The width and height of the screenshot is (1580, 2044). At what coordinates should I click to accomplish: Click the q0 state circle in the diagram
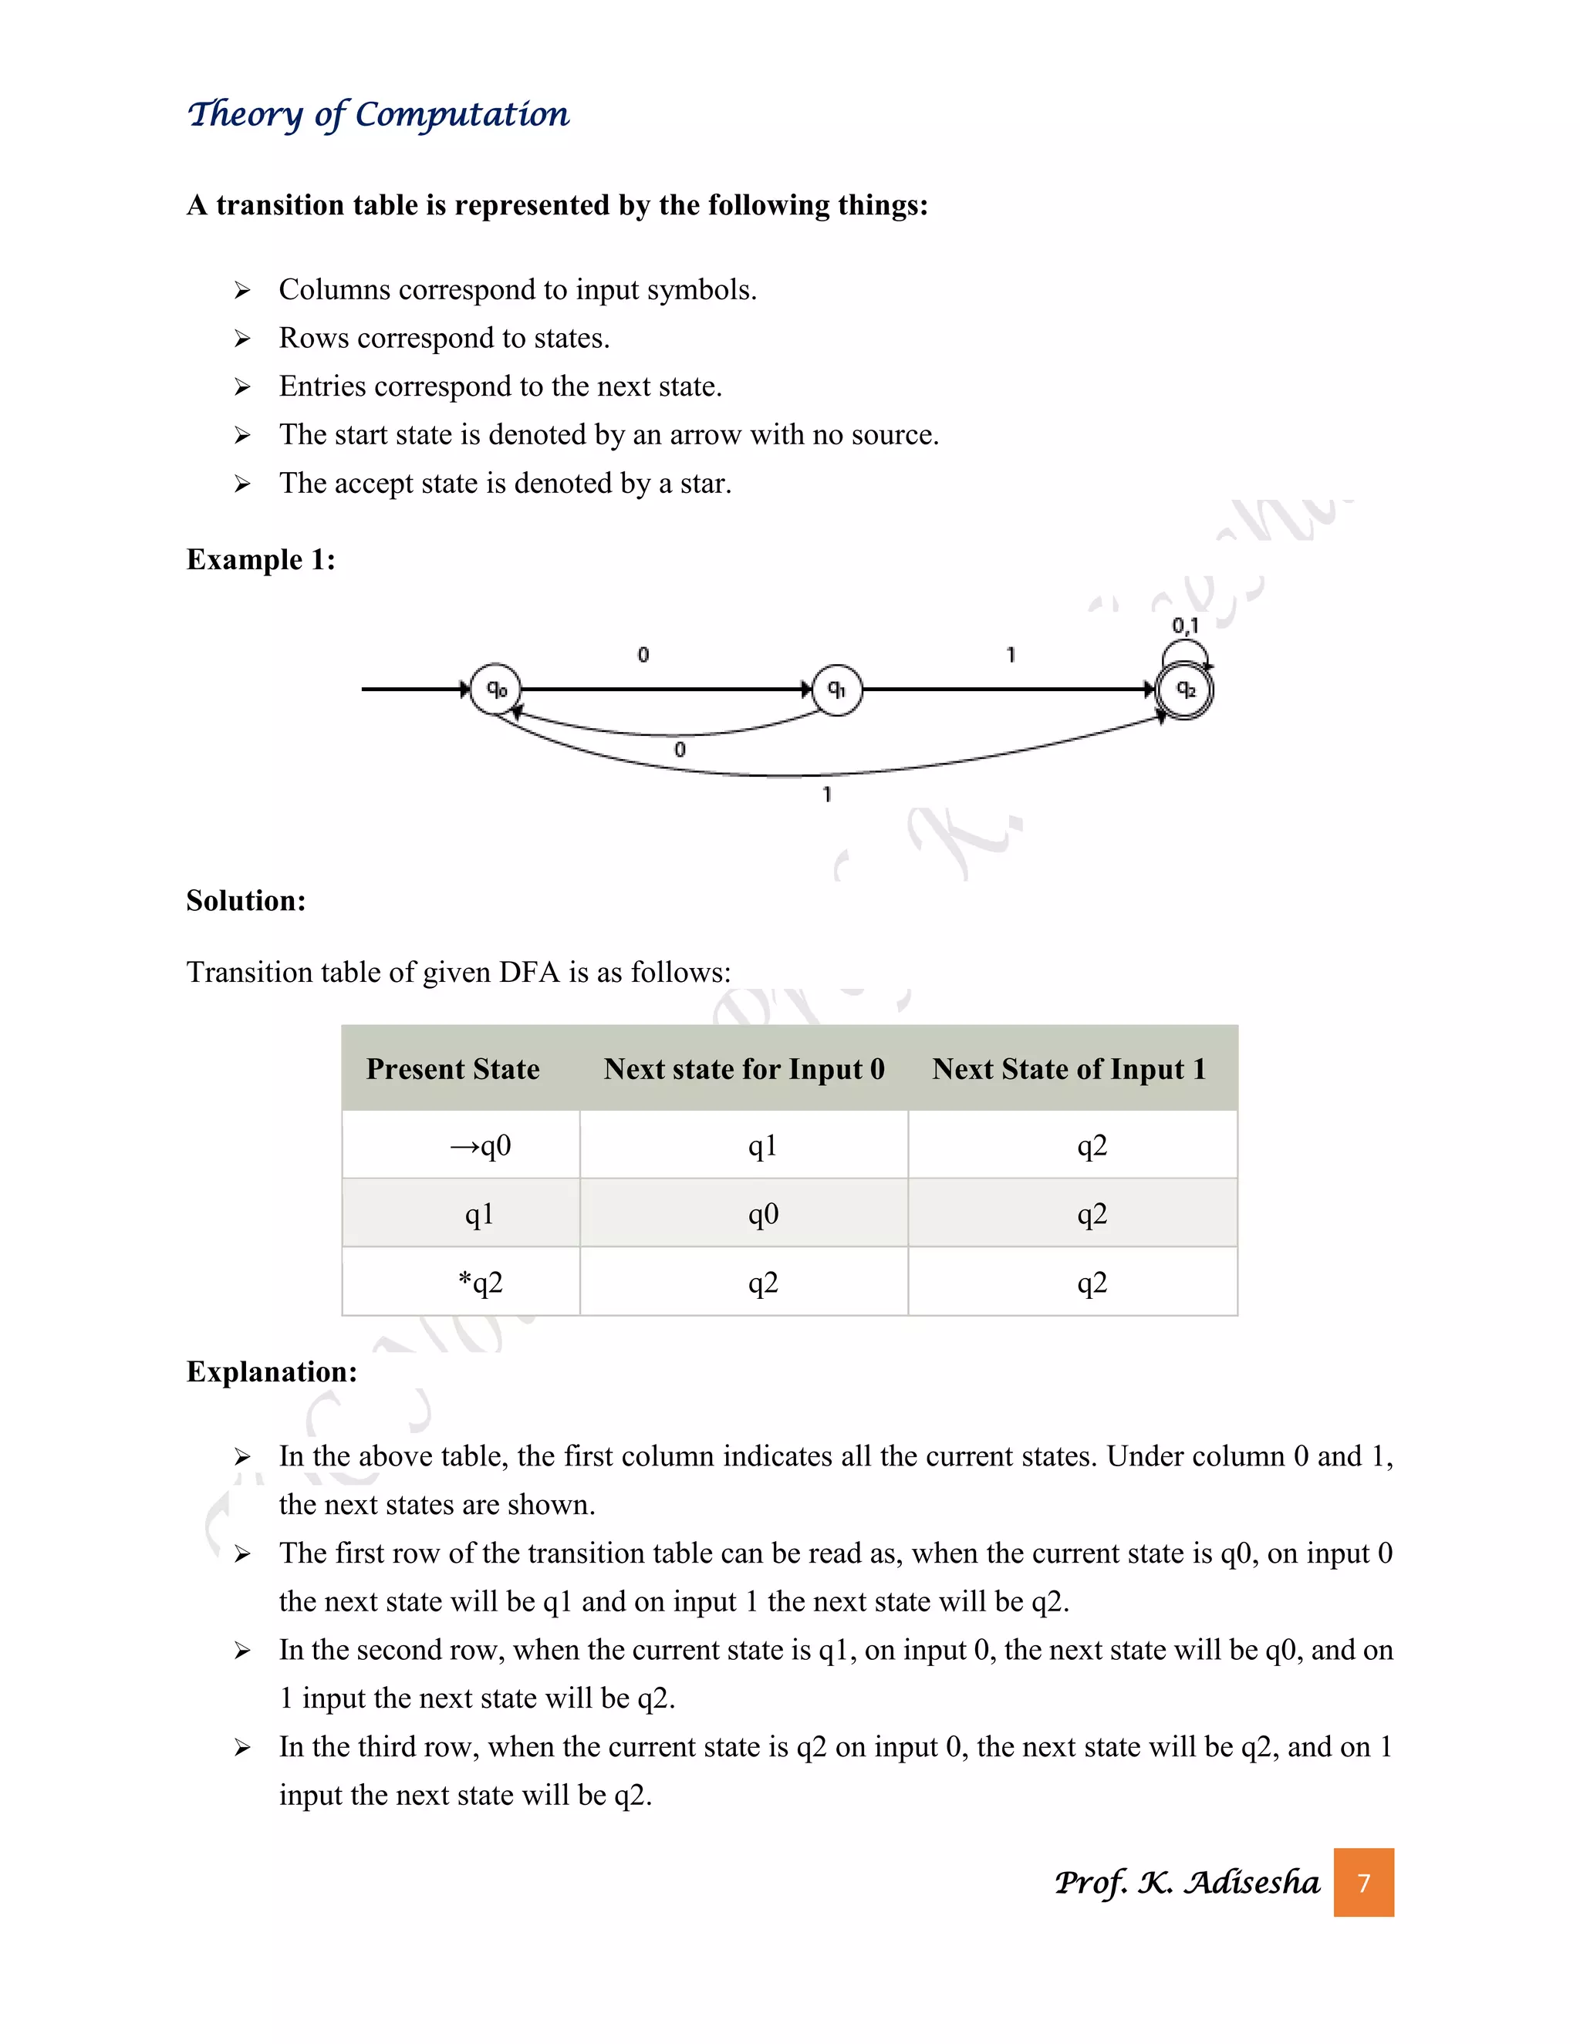pyautogui.click(x=495, y=690)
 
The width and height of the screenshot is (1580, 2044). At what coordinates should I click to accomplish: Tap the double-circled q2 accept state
pyautogui.click(x=1184, y=690)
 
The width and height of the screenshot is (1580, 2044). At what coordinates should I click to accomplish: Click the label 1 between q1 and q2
pyautogui.click(x=1010, y=655)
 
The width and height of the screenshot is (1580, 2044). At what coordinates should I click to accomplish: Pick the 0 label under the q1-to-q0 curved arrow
pyautogui.click(x=680, y=750)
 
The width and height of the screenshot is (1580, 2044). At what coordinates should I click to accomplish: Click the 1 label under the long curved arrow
pyautogui.click(x=826, y=794)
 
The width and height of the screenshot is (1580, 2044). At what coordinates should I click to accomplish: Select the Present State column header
pyautogui.click(x=453, y=1069)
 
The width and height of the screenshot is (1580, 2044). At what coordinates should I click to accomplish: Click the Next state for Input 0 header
pyautogui.click(x=744, y=1069)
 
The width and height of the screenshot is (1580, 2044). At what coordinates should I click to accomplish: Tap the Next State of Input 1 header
pyautogui.click(x=1069, y=1069)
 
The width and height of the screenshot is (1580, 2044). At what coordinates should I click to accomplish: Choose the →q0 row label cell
pyautogui.click(x=480, y=1145)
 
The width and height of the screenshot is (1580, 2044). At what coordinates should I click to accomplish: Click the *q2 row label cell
pyautogui.click(x=480, y=1282)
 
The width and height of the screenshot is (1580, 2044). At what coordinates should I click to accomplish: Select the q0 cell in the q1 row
pyautogui.click(x=763, y=1214)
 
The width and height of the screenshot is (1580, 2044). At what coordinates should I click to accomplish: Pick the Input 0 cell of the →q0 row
pyautogui.click(x=763, y=1145)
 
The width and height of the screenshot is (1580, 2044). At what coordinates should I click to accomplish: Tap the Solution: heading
pyautogui.click(x=246, y=900)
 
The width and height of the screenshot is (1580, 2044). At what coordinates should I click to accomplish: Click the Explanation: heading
pyautogui.click(x=272, y=1372)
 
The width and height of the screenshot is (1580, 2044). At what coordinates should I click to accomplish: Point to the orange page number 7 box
pyautogui.click(x=1364, y=1882)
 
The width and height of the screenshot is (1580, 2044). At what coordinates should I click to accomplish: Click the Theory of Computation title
pyautogui.click(x=378, y=115)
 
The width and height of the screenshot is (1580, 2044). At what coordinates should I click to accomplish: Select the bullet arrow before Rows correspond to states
pyautogui.click(x=242, y=339)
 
